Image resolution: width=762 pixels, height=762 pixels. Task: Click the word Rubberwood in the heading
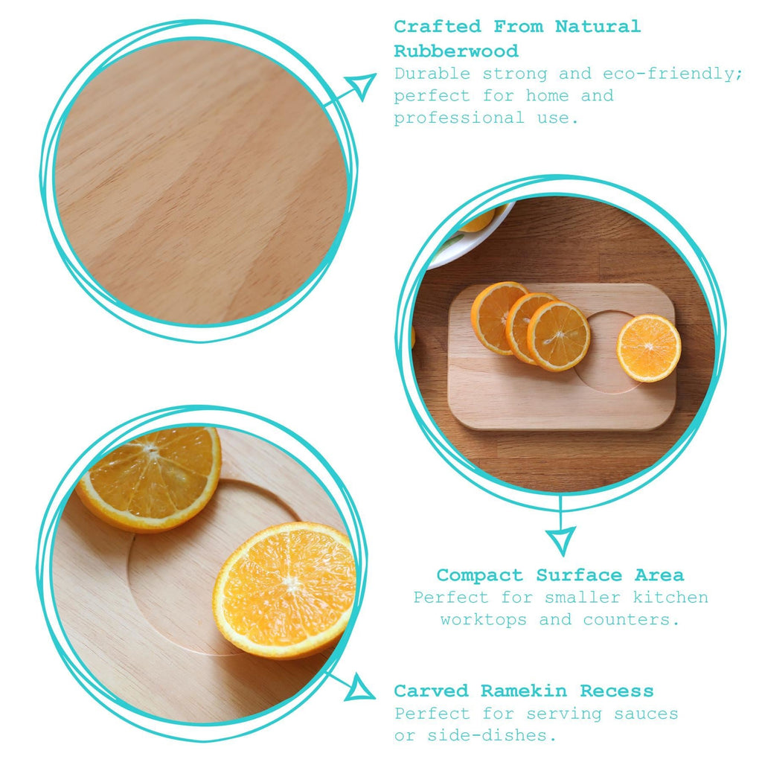[x=456, y=51]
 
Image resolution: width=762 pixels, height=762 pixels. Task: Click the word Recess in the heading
[x=617, y=691]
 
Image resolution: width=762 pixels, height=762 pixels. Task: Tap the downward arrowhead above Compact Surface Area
[x=560, y=540]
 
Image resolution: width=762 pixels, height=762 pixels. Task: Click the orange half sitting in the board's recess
[x=648, y=348]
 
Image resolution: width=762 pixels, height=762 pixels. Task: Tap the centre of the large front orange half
[x=287, y=588]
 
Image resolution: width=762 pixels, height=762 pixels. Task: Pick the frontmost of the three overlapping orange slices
[x=559, y=336]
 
